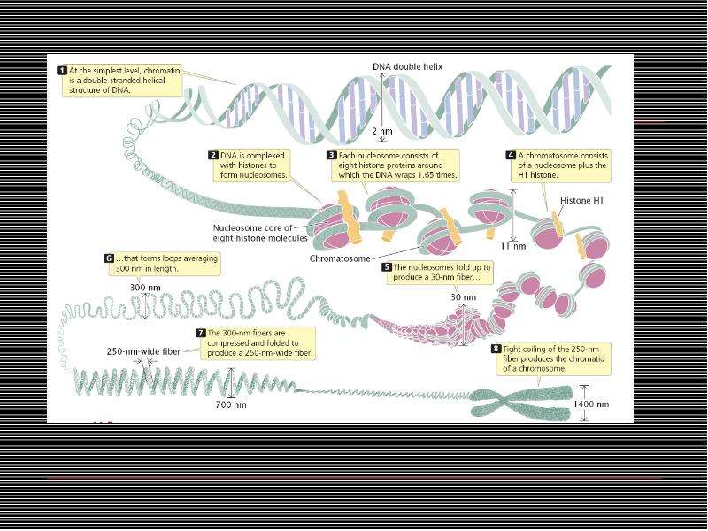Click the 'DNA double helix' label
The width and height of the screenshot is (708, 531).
point(407,67)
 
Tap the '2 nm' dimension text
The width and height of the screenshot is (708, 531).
point(382,131)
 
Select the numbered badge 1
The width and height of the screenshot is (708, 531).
point(62,71)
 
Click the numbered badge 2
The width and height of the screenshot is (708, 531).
point(213,156)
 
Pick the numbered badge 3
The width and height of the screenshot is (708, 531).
point(331,156)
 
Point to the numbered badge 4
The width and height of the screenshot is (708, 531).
point(511,156)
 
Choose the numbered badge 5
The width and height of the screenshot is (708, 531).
point(387,267)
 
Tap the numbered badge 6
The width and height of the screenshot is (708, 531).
point(109,258)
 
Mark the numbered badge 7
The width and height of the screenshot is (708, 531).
point(201,333)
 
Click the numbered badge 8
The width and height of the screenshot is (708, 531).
point(496,349)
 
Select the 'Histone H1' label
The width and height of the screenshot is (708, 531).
point(581,201)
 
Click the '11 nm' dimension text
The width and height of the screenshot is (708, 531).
point(513,246)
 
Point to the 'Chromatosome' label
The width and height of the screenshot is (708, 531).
point(340,258)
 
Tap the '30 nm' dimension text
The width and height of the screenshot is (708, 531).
point(463,297)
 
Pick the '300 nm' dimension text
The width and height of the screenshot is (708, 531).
point(145,288)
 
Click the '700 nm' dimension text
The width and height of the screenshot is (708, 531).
point(231,404)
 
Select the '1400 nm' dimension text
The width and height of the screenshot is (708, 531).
point(591,404)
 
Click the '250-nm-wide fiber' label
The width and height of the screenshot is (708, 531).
point(143,351)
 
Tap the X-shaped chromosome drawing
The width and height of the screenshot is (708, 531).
point(521,402)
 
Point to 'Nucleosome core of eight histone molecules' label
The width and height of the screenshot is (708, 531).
point(260,233)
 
